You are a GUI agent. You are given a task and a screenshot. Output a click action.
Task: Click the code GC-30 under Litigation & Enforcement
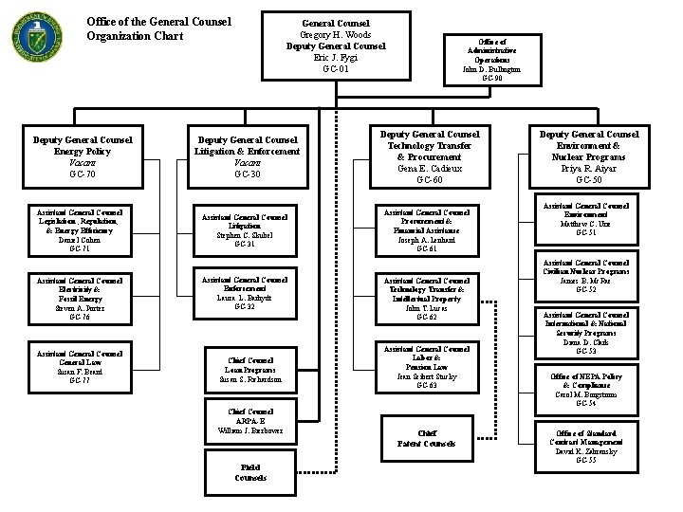tap(247, 174)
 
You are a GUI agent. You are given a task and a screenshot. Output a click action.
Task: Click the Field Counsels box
tap(250, 472)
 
